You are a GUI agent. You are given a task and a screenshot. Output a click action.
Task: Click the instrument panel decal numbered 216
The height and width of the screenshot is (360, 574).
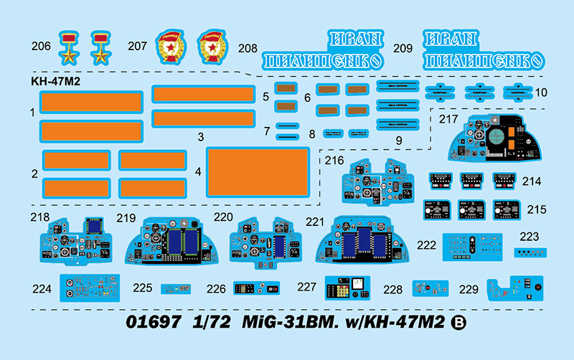(x=374, y=183)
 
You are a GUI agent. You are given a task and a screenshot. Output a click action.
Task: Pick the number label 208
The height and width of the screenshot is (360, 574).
(x=248, y=49)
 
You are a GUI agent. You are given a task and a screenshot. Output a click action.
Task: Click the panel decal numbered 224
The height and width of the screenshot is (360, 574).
(x=89, y=288)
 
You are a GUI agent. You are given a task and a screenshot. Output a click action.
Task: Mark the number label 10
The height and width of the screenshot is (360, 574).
(x=540, y=93)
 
